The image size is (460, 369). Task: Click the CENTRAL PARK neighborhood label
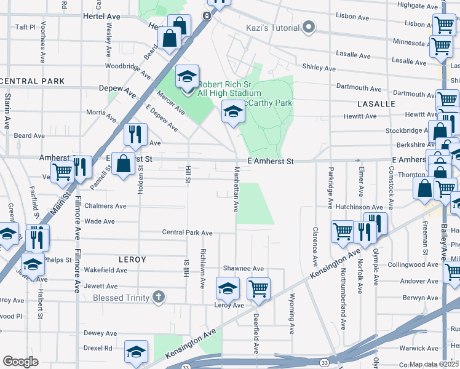(x=33, y=81)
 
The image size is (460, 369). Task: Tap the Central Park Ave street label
(x=187, y=232)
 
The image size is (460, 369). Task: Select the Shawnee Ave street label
(x=243, y=269)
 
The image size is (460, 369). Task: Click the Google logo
(x=20, y=362)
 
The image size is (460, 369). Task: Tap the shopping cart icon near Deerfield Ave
(x=259, y=288)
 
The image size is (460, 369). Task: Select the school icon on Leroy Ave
(x=228, y=287)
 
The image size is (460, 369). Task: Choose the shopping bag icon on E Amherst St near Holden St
(x=123, y=164)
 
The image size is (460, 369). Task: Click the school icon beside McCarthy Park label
(x=232, y=111)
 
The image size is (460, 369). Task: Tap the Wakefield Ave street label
(x=105, y=270)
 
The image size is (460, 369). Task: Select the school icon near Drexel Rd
(x=136, y=351)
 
